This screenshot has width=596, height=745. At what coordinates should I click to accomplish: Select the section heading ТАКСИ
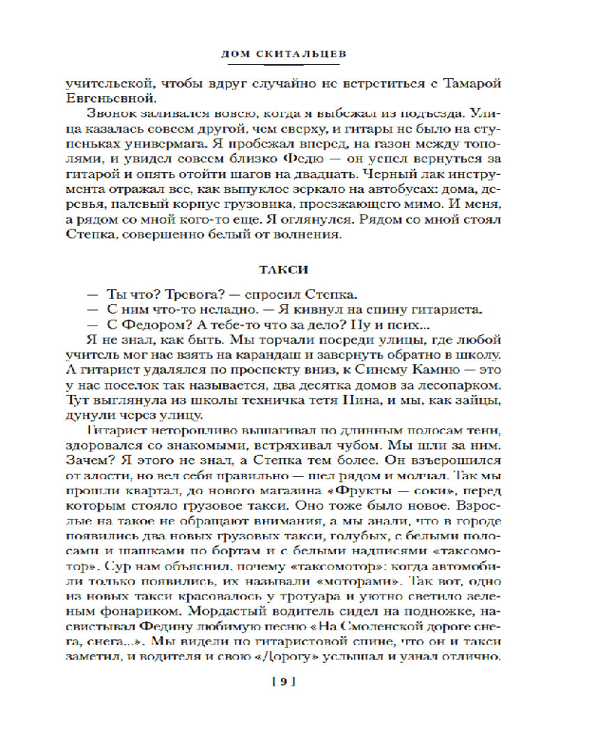point(297,268)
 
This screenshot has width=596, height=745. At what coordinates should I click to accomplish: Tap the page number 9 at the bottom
point(285,680)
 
